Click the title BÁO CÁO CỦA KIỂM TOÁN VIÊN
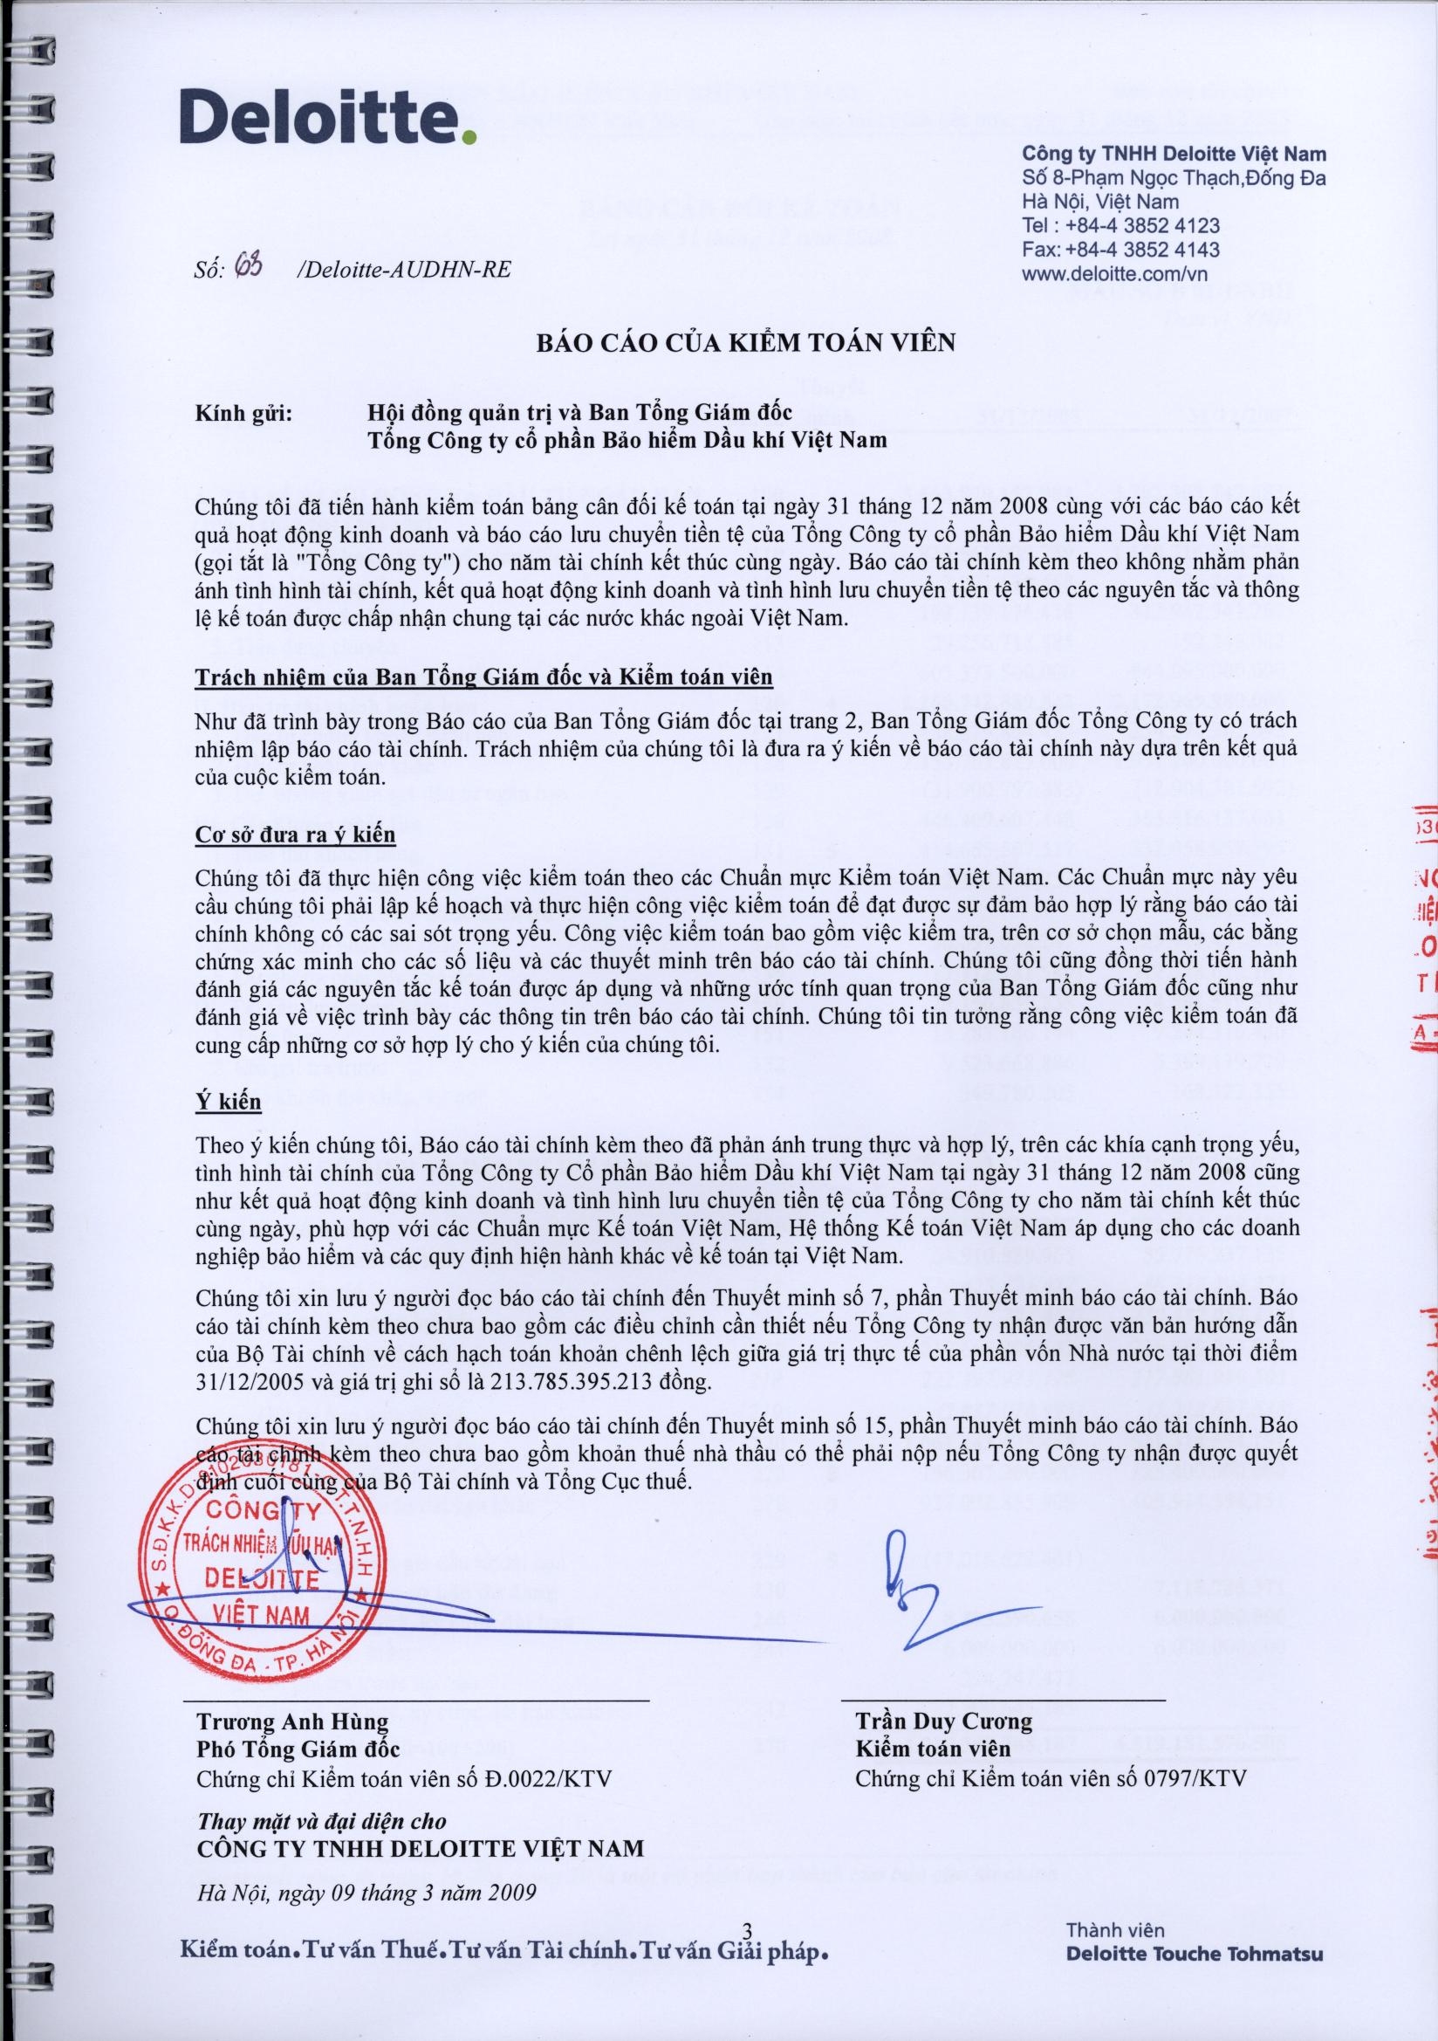click(745, 342)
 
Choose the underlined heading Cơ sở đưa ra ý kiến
click(295, 835)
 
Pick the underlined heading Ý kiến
click(229, 1103)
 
